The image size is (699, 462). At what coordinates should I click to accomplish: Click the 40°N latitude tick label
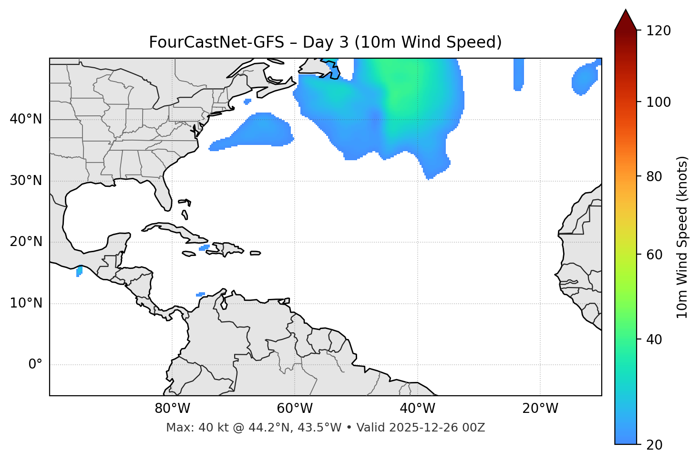coord(26,119)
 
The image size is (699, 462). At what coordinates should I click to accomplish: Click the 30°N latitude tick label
coord(26,181)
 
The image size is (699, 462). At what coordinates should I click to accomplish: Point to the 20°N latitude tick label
coord(26,242)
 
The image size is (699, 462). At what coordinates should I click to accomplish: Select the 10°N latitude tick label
coord(26,303)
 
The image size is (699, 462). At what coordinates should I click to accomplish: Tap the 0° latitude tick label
coord(35,365)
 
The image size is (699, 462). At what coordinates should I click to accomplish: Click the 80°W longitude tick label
coord(172,409)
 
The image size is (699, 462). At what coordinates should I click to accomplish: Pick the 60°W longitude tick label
coord(295,409)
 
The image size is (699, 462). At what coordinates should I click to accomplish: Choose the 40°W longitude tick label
coord(417,409)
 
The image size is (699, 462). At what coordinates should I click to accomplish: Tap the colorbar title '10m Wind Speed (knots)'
coord(682,237)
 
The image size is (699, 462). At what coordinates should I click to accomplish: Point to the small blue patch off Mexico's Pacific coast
coord(79,271)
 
